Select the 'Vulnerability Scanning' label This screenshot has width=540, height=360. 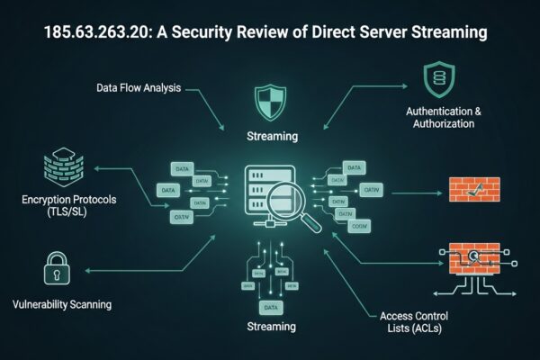tap(63, 304)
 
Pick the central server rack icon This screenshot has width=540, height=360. tap(266, 189)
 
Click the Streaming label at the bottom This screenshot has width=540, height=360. tap(271, 325)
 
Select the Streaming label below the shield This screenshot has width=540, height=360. tap(271, 137)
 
